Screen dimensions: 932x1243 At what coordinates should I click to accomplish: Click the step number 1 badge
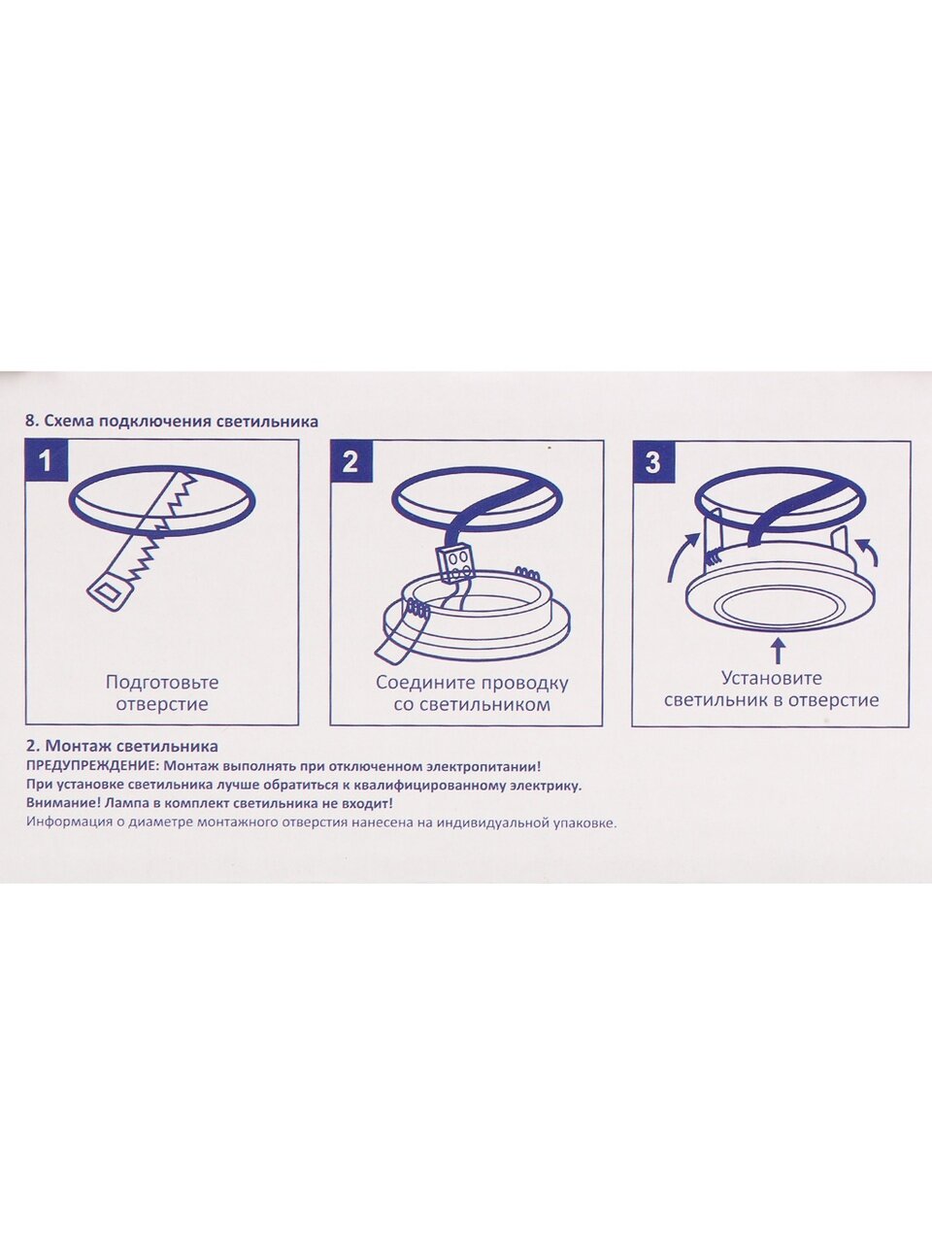tap(47, 461)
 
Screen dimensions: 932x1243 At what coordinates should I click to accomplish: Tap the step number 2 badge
tap(350, 461)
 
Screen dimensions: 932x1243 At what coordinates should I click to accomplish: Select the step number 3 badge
tap(653, 461)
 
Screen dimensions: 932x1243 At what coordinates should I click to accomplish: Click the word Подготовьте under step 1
tap(162, 682)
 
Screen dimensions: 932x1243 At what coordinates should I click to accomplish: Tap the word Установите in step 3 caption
tap(772, 678)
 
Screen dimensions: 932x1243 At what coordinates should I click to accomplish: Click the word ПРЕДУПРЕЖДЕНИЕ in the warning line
tap(93, 767)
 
